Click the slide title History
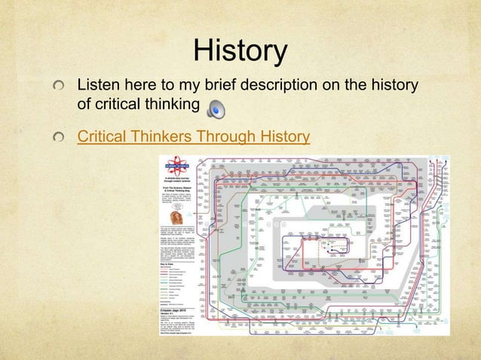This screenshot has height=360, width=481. click(x=240, y=52)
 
